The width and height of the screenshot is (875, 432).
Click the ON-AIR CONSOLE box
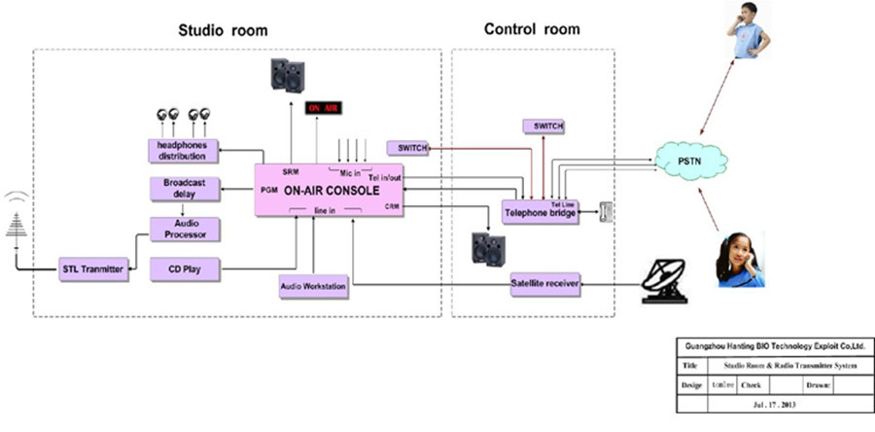pyautogui.click(x=332, y=191)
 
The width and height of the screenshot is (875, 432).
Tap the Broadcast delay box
pyautogui.click(x=185, y=190)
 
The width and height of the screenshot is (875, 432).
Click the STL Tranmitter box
pyautogui.click(x=89, y=269)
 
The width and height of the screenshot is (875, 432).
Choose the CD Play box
pyautogui.click(x=185, y=268)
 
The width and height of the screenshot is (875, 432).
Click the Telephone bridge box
pyautogui.click(x=541, y=210)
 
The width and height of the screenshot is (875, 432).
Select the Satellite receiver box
pyautogui.click(x=544, y=284)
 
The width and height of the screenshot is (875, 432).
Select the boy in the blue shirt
pyautogui.click(x=749, y=31)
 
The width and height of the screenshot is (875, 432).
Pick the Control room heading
pyautogui.click(x=532, y=29)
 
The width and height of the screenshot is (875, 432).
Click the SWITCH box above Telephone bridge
pyautogui.click(x=543, y=126)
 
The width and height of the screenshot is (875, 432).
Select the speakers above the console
pyautogui.click(x=287, y=75)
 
